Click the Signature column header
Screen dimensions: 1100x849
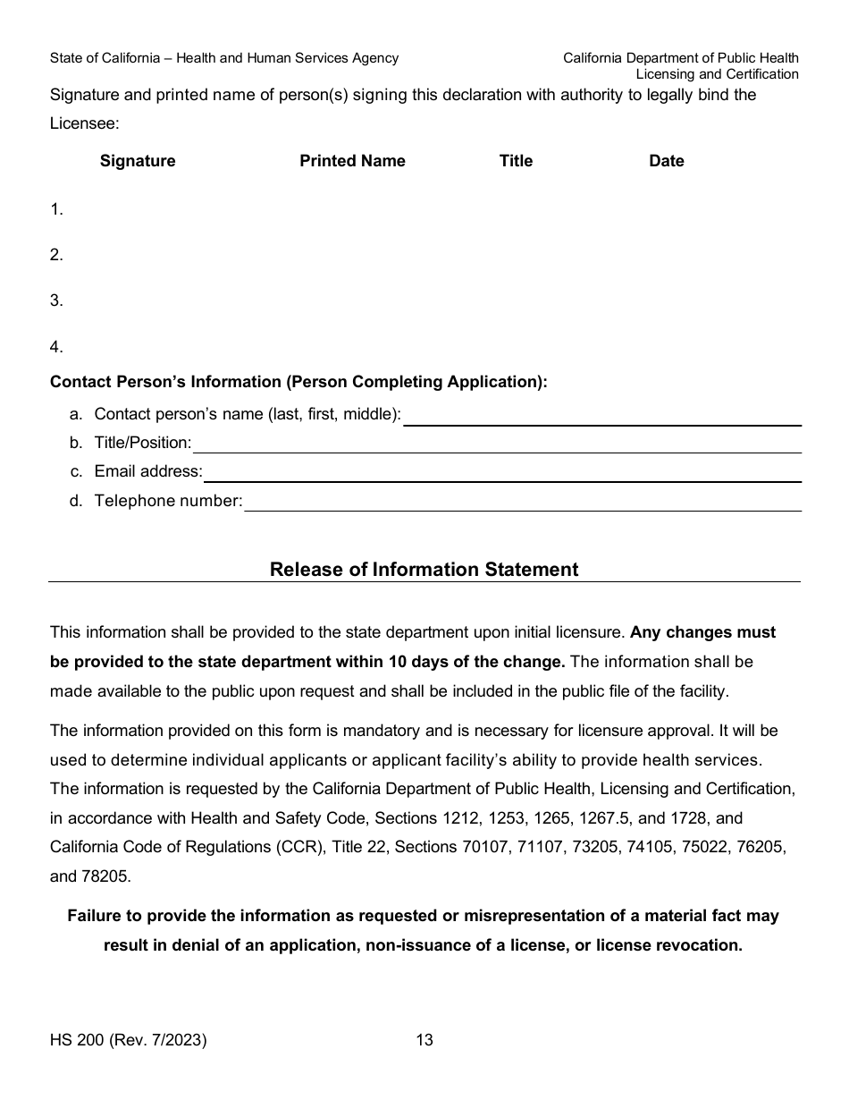[138, 161]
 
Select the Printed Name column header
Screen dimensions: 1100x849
[352, 161]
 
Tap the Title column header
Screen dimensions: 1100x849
[516, 161]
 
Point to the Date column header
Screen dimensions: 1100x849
[666, 161]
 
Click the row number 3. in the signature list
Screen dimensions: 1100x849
[56, 300]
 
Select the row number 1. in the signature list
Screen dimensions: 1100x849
[56, 209]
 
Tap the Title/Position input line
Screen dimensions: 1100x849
[496, 445]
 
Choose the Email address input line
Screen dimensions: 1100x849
[501, 474]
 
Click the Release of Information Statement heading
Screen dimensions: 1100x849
[424, 570]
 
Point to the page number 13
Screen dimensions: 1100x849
[424, 1040]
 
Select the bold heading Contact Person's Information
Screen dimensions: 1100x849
[298, 382]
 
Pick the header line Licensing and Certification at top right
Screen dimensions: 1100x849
[717, 74]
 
